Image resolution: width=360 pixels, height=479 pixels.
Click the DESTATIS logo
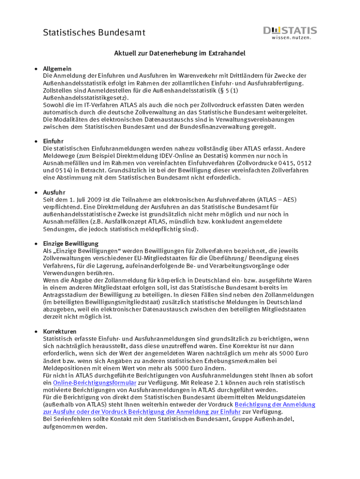pos(290,31)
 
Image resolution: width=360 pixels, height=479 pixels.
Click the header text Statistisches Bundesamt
pos(94,32)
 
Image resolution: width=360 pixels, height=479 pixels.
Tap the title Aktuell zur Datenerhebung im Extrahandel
pos(180,54)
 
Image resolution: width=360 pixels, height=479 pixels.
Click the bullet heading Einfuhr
pos(53,141)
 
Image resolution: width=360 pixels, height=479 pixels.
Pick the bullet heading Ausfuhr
pos(54,192)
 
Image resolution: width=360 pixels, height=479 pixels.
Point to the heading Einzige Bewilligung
pos(71,244)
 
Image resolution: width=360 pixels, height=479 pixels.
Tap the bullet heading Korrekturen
pos(60,332)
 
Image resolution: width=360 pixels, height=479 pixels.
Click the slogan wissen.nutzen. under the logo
pos(291,38)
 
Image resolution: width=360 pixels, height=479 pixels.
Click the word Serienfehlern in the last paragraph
pos(68,420)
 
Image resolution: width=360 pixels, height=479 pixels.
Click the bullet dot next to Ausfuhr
pos(36,192)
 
